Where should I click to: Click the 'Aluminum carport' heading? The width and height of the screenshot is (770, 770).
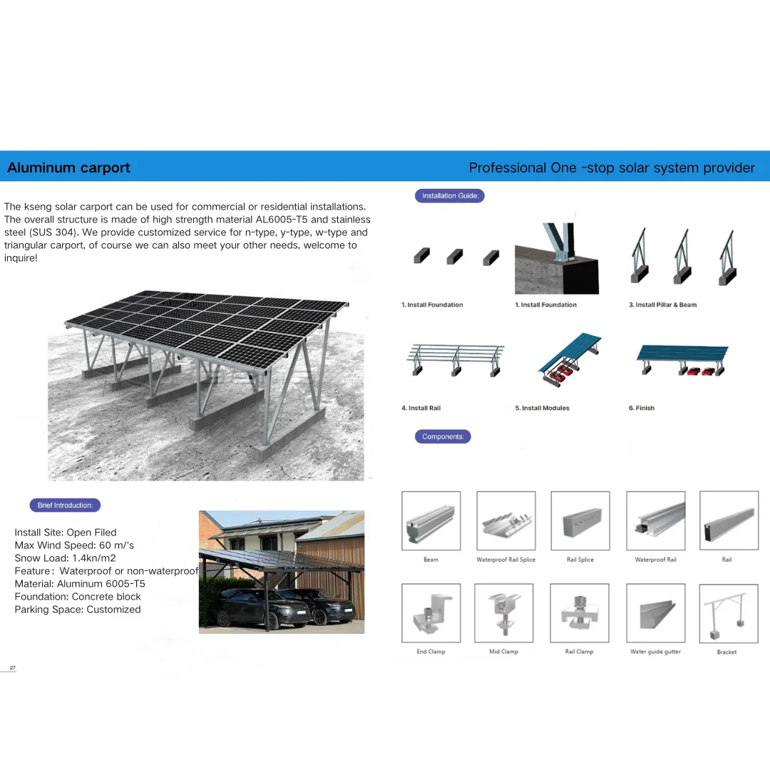[68, 168]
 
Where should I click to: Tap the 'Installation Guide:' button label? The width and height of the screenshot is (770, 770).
[450, 196]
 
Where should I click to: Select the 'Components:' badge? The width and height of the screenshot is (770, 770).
[443, 436]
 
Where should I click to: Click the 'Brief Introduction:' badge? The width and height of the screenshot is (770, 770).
[65, 505]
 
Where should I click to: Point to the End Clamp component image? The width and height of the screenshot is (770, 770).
[431, 613]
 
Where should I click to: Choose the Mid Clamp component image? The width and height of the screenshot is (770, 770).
[504, 613]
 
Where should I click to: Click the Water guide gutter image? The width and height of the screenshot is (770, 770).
[655, 613]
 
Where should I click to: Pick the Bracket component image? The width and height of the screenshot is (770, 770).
[728, 613]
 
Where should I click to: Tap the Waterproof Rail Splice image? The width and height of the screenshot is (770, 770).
[505, 520]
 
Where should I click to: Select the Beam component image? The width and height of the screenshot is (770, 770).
[431, 520]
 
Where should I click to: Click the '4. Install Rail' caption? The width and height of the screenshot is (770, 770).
[421, 408]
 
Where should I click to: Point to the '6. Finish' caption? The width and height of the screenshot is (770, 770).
[641, 408]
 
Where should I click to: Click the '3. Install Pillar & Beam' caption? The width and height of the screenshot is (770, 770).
[662, 304]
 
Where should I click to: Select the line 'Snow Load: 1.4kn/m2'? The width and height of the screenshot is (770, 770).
[65, 558]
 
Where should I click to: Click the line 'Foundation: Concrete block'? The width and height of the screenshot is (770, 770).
[78, 597]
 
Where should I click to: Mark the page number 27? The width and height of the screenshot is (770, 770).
[12, 667]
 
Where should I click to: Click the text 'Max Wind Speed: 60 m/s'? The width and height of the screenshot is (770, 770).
[74, 545]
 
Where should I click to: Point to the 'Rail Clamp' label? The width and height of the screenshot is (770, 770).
[579, 652]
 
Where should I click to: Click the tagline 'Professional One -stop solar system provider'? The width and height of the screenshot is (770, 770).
[611, 168]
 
